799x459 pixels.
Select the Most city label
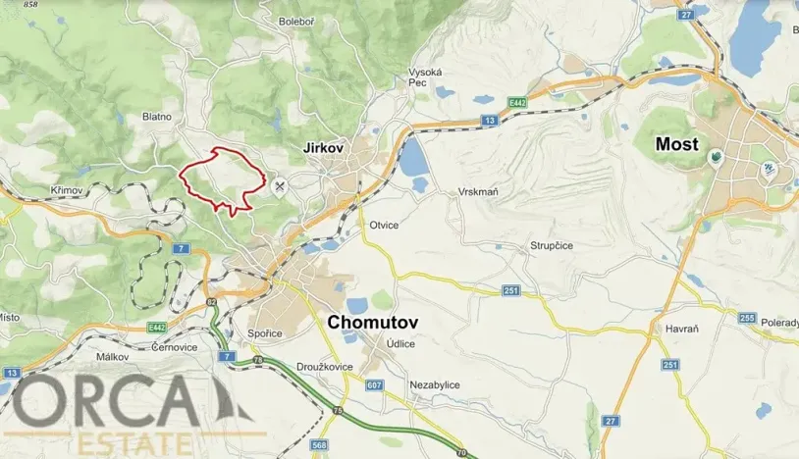tap(676, 144)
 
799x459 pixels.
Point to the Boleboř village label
tap(296, 21)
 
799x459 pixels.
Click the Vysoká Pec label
tap(425, 78)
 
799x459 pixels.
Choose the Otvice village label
tap(384, 225)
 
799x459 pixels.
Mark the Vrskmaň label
tap(478, 192)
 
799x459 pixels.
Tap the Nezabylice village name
tap(436, 385)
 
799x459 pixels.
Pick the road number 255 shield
tap(748, 319)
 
